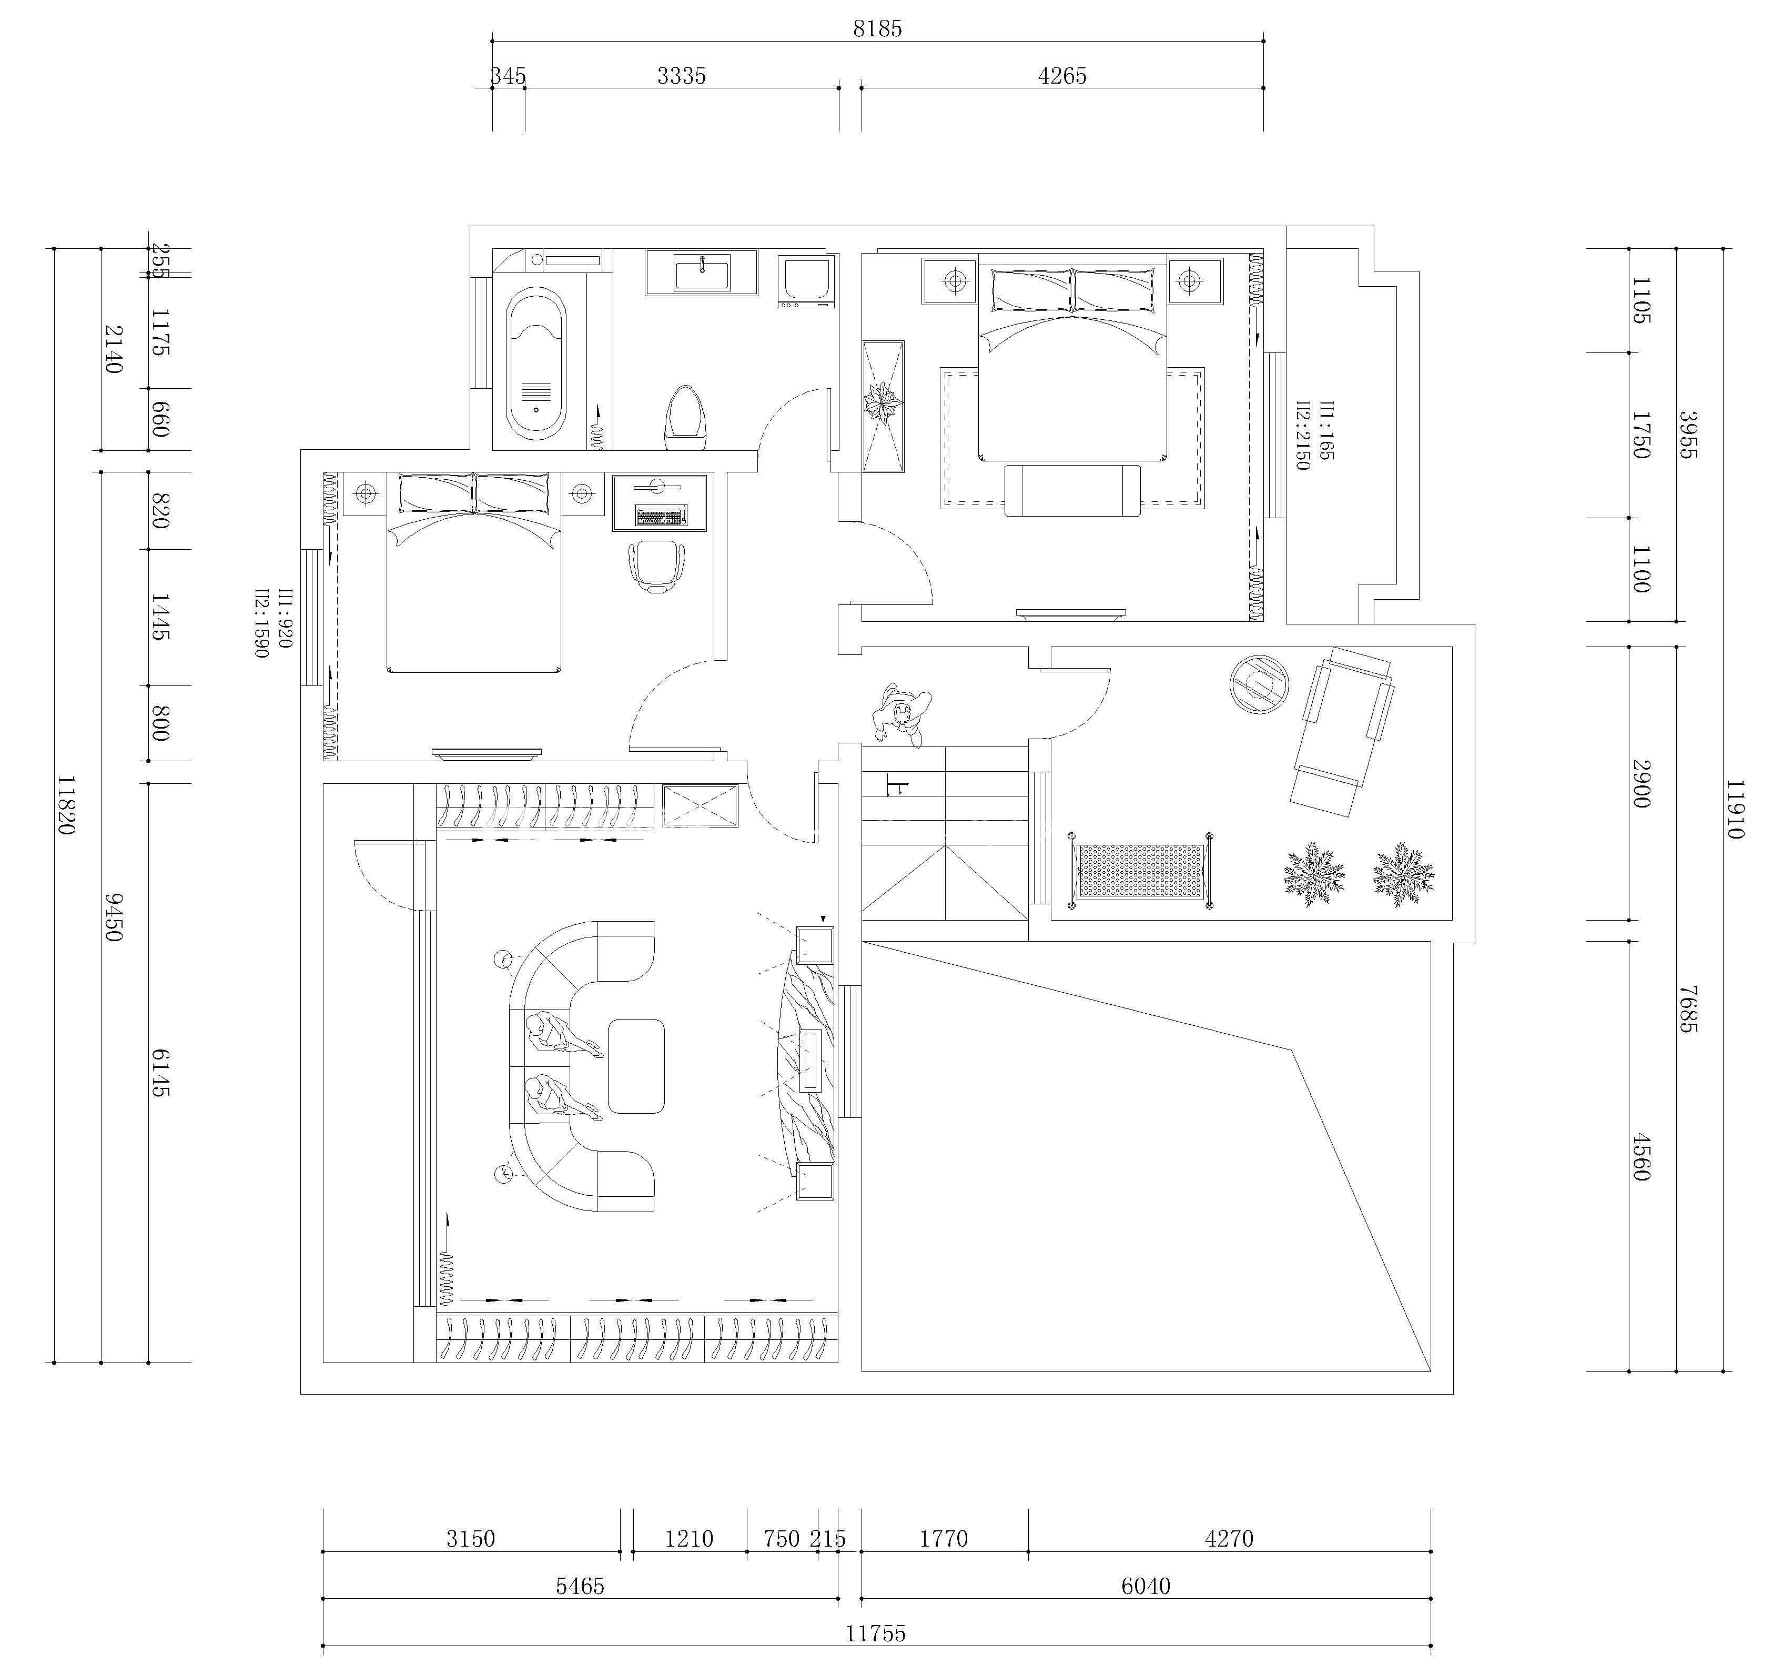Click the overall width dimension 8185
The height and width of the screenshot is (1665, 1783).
point(877,29)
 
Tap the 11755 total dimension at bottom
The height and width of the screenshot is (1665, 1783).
point(875,1633)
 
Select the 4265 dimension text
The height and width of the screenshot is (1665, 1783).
point(1062,76)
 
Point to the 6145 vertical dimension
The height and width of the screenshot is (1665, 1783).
point(160,1073)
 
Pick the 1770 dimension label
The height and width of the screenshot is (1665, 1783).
point(944,1539)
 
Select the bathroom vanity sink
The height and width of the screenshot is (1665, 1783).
point(701,272)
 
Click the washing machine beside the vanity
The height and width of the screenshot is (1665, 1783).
point(807,281)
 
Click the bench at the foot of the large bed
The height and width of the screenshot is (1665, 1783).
point(1072,491)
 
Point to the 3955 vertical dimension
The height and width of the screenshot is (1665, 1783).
point(1687,435)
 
